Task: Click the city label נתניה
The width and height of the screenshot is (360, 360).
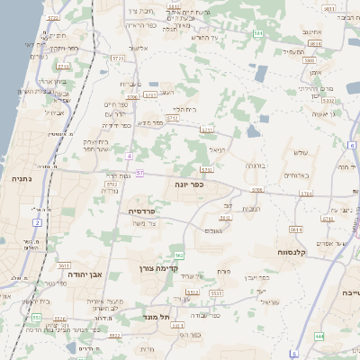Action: click(x=20, y=179)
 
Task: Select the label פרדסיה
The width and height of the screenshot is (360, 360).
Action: click(x=143, y=211)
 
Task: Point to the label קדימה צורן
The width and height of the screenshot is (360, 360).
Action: click(x=160, y=268)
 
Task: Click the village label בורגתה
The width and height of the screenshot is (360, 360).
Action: click(x=256, y=166)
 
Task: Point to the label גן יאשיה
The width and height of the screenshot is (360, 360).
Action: click(x=324, y=114)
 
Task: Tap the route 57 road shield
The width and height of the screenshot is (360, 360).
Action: click(x=139, y=172)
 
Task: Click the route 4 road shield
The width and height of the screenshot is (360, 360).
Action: click(x=130, y=157)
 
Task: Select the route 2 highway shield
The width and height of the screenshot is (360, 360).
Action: click(x=37, y=221)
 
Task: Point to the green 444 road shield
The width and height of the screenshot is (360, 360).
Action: click(x=319, y=337)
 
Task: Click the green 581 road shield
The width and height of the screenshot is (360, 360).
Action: click(x=258, y=33)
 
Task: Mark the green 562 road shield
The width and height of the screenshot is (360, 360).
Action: click(x=179, y=256)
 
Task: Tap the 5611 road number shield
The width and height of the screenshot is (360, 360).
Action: click(x=63, y=266)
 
